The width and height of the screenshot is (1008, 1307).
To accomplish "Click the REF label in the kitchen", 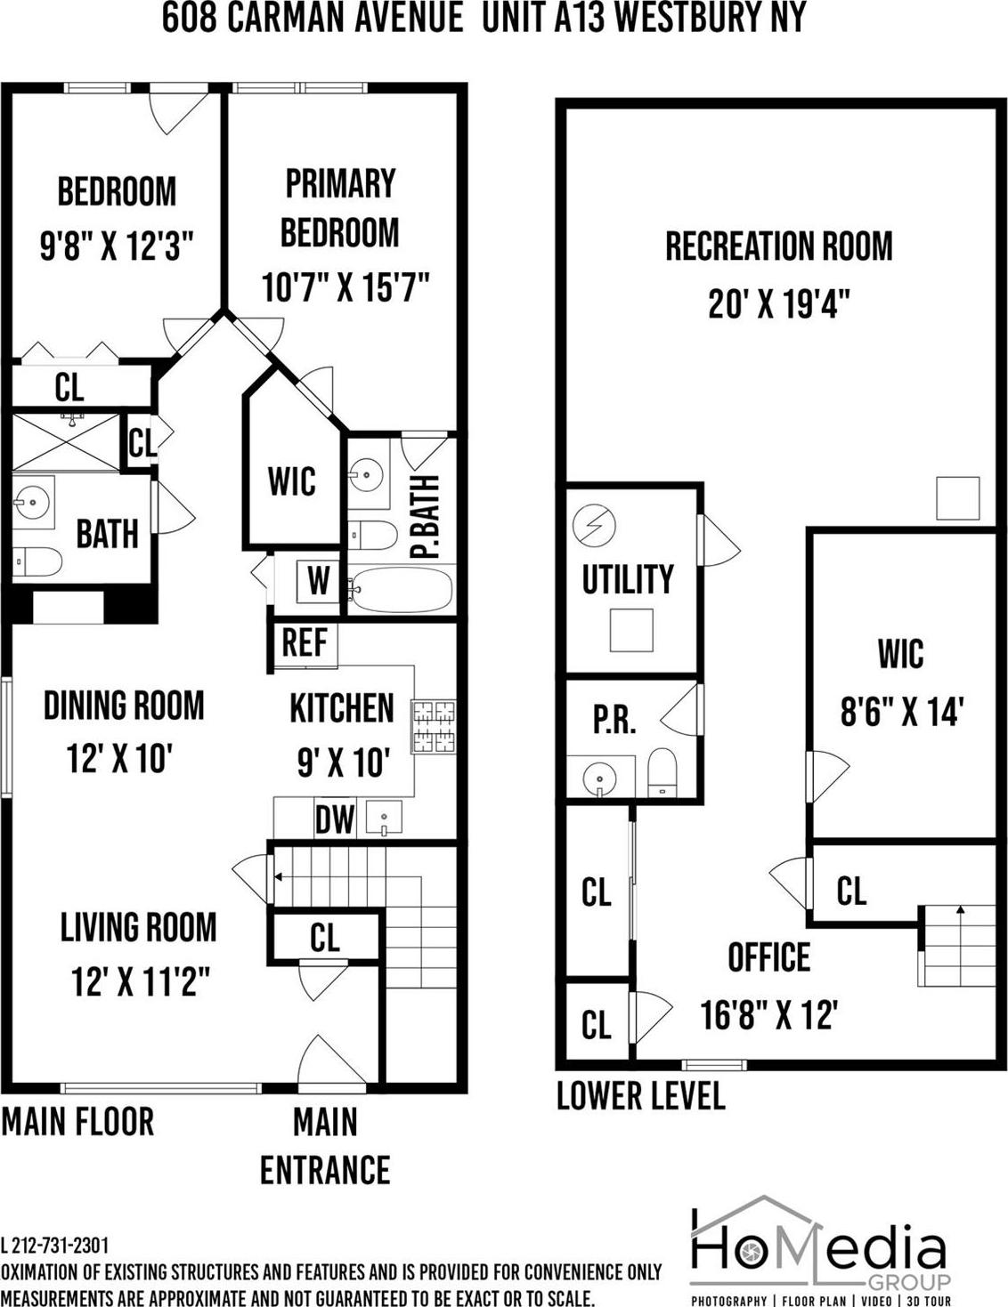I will tap(304, 642).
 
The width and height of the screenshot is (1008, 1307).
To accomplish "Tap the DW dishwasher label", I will tap(335, 819).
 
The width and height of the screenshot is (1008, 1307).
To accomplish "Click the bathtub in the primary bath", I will tap(401, 589).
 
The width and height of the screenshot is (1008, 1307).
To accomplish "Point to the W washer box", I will tap(318, 581).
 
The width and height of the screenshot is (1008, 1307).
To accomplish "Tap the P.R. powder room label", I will tap(614, 720).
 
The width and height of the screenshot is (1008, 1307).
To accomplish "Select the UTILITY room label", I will tap(628, 579).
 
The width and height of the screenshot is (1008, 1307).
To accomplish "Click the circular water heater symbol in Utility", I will tap(593, 525).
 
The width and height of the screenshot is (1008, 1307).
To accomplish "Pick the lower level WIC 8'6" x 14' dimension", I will tap(902, 712).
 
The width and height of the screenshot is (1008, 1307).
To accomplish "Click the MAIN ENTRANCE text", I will tap(325, 1146).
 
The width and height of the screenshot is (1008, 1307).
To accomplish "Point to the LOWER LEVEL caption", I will tap(640, 1096).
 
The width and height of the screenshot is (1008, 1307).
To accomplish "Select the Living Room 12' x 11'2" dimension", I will tap(140, 982).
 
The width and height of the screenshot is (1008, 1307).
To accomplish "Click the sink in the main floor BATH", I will tap(31, 503).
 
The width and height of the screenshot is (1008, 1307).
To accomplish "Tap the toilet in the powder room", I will tap(662, 770).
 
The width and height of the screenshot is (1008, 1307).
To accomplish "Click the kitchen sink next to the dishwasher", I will tap(383, 818).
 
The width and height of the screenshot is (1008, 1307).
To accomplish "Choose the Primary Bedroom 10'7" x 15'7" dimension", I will tap(345, 287).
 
